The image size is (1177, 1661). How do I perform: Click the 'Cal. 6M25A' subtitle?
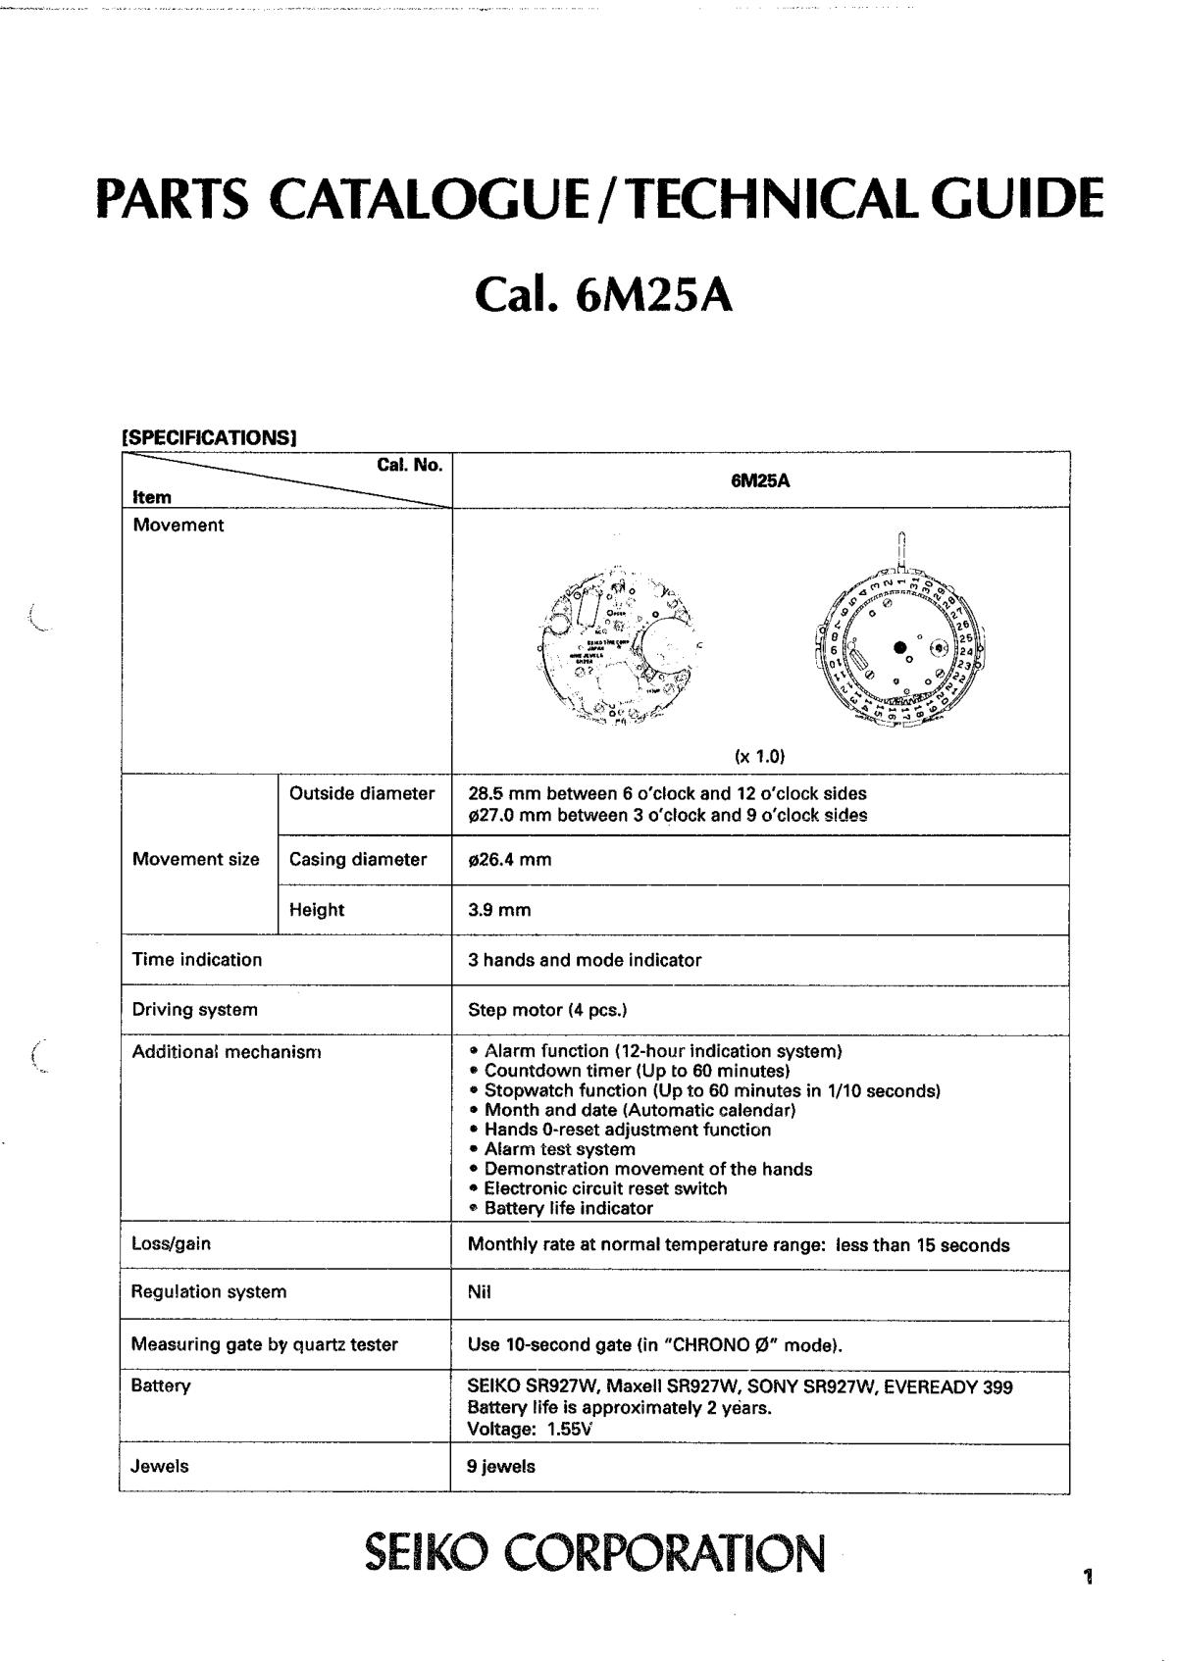point(602,294)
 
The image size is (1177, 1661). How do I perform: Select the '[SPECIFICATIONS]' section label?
point(208,437)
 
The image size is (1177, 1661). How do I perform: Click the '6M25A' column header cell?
point(760,480)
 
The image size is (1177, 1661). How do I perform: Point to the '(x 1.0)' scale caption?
point(760,756)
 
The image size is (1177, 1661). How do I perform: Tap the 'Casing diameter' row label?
point(358,860)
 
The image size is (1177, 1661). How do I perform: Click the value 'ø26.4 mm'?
point(510,860)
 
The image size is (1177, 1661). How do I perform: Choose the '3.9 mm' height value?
point(499,910)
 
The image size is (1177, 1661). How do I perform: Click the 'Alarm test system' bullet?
point(559,1149)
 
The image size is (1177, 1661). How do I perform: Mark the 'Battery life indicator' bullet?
point(568,1208)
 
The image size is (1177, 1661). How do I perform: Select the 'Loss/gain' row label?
point(172,1244)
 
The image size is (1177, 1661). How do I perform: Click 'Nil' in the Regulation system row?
point(480,1292)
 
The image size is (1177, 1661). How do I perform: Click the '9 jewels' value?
point(501,1467)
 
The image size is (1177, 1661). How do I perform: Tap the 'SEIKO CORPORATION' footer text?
point(594,1552)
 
